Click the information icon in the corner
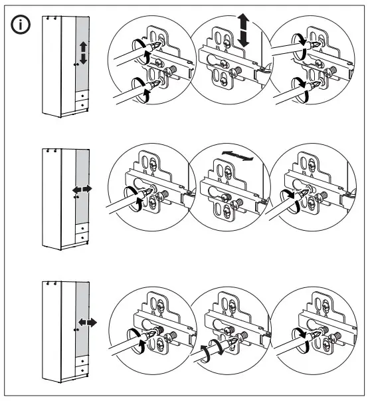(x=21, y=26)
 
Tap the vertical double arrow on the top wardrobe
(x=83, y=53)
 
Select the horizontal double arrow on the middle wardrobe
(x=82, y=190)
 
